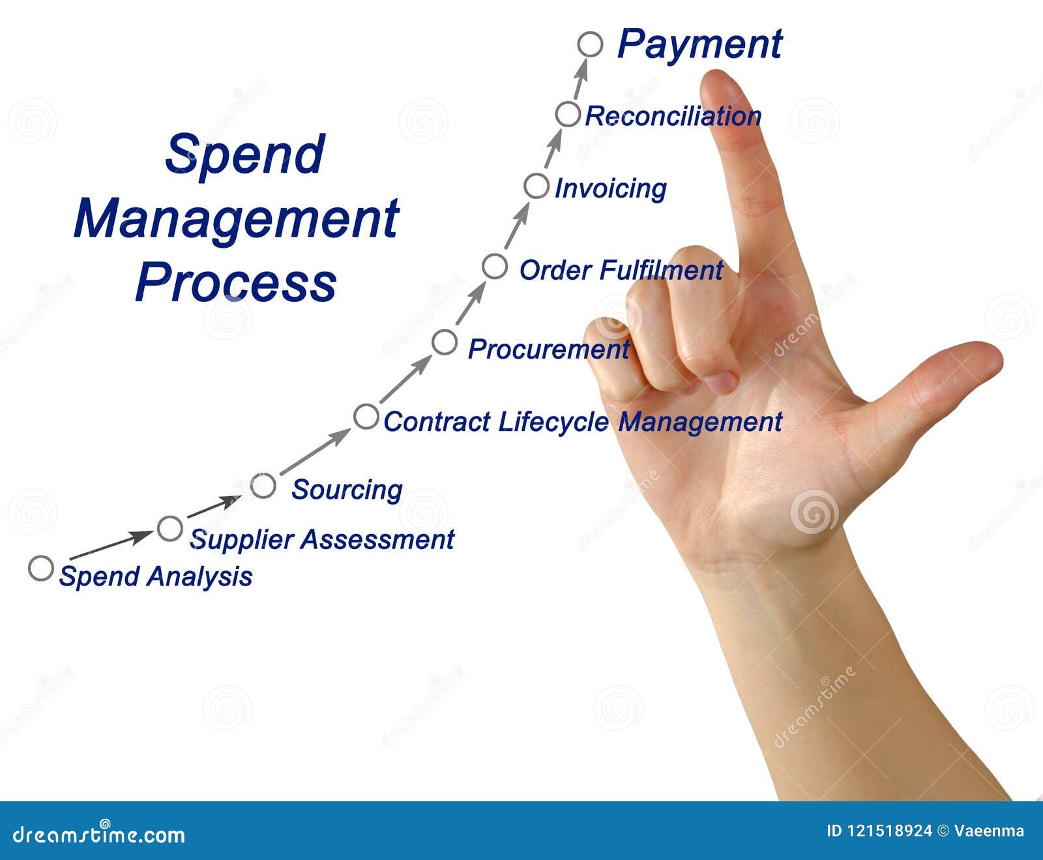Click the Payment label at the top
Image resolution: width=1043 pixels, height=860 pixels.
coord(699,44)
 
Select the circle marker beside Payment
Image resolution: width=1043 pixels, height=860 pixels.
coord(590,44)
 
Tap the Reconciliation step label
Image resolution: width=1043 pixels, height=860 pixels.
coord(673,116)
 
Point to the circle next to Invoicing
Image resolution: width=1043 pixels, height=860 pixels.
coord(536,186)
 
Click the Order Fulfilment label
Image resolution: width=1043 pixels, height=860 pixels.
coord(621,270)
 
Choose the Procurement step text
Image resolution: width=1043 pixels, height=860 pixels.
coord(548,349)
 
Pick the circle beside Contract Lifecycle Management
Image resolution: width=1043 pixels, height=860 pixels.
coord(366,417)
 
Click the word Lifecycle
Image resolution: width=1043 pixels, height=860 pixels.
coord(553,422)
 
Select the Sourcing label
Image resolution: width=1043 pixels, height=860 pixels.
coord(347,490)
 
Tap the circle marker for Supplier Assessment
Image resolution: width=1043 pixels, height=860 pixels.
coord(170,528)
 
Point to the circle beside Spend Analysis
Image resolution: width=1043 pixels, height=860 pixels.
coord(40,569)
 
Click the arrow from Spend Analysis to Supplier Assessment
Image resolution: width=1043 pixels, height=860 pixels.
coord(111,545)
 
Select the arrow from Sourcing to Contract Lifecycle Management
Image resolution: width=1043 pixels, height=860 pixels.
coord(315,451)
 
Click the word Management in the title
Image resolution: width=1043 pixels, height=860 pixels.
coord(236,218)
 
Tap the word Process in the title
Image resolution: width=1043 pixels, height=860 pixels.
coord(236,282)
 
